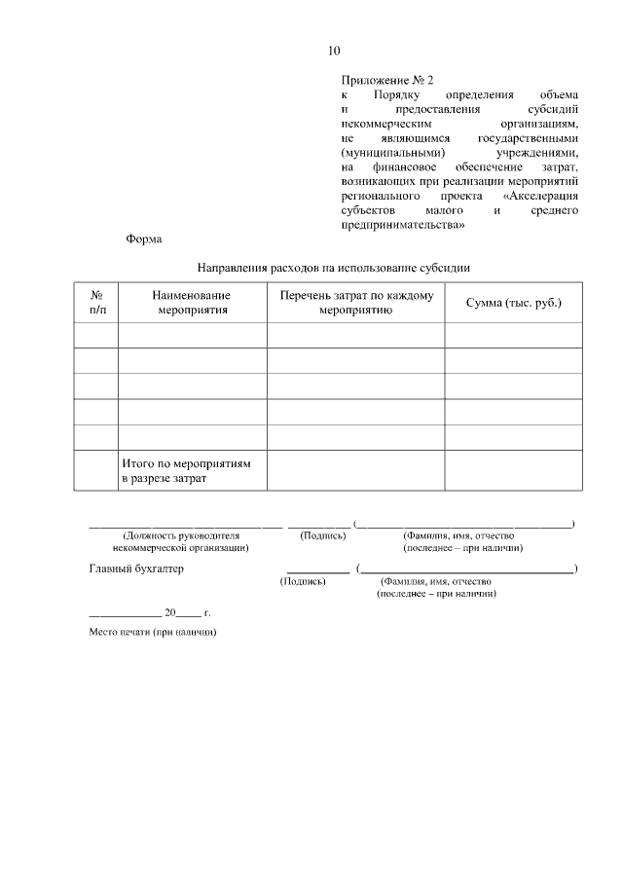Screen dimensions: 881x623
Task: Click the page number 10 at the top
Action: coord(334,51)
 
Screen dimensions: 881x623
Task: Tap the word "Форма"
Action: coord(144,239)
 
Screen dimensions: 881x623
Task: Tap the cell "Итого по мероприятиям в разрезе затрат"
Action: coord(186,471)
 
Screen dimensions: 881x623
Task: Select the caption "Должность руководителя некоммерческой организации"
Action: coord(180,541)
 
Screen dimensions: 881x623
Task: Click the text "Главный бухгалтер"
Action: coord(136,569)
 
